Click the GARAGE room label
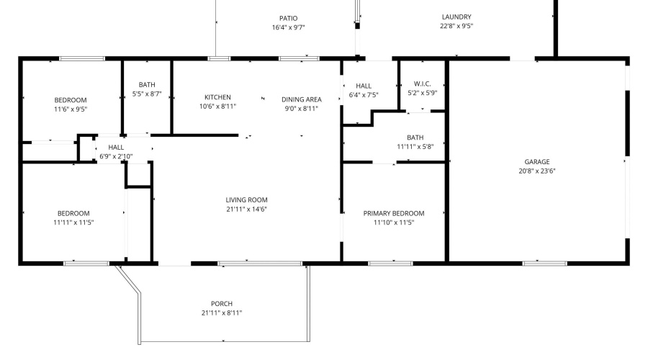point(537,161)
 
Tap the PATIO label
point(288,18)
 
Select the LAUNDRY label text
point(456,17)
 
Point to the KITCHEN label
point(217,97)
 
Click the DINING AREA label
point(301,99)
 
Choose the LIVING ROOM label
point(246,200)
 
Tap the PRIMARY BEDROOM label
point(393,213)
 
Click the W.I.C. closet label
point(423,84)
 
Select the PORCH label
point(222,304)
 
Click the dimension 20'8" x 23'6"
point(537,171)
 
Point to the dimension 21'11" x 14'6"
point(246,209)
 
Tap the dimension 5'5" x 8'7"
point(147,94)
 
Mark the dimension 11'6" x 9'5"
point(71,109)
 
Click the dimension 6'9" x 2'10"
point(116,156)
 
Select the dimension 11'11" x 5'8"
point(415,146)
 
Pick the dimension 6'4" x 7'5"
point(364,94)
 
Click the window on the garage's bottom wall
point(545,264)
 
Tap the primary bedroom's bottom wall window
point(390,264)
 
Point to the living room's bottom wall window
point(260,264)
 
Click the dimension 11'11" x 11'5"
point(73,222)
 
